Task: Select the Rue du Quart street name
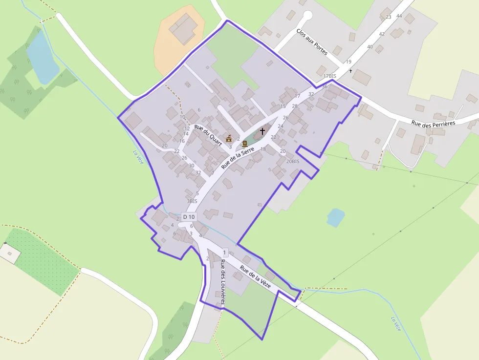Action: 208,135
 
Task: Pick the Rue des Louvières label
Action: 222,282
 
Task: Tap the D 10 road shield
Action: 189,216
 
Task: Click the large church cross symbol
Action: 262,131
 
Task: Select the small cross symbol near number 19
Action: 350,71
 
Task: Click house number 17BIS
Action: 330,76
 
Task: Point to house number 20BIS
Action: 293,161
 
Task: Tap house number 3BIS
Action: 192,201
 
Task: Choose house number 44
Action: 399,16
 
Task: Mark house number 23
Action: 389,17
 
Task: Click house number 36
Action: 325,86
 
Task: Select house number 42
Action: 382,34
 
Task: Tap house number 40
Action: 370,47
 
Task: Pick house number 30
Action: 192,165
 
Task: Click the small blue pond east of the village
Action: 335,217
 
